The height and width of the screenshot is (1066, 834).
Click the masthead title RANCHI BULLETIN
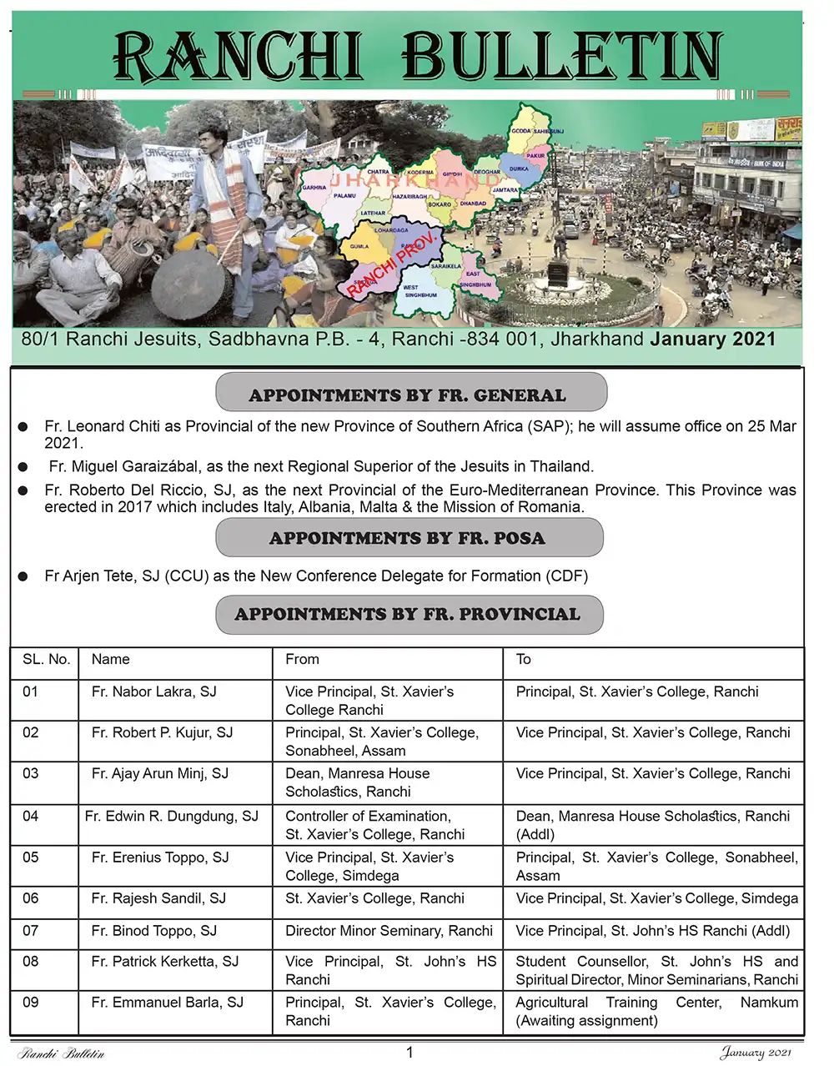coord(417,57)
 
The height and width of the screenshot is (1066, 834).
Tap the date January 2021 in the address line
coord(712,339)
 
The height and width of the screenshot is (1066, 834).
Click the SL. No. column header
coord(46,659)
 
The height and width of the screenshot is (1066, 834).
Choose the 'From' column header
coord(302,659)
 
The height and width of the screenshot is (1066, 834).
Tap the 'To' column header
coord(523,659)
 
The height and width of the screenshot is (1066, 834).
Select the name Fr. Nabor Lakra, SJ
coord(153,691)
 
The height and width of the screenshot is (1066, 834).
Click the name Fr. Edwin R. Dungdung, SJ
coord(171,816)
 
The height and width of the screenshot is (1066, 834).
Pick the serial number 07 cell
coord(31,930)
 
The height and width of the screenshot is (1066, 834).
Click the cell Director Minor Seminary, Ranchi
coord(389,930)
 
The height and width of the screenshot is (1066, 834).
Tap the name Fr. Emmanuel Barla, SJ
coord(167,1002)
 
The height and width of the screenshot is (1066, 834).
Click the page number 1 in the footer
coord(409,1052)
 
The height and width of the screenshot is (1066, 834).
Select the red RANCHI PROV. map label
coord(392,265)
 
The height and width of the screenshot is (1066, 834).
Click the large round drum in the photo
coord(191,284)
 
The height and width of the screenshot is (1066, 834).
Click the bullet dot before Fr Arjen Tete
coord(24,576)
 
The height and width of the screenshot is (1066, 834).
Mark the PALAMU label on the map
coord(344,195)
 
